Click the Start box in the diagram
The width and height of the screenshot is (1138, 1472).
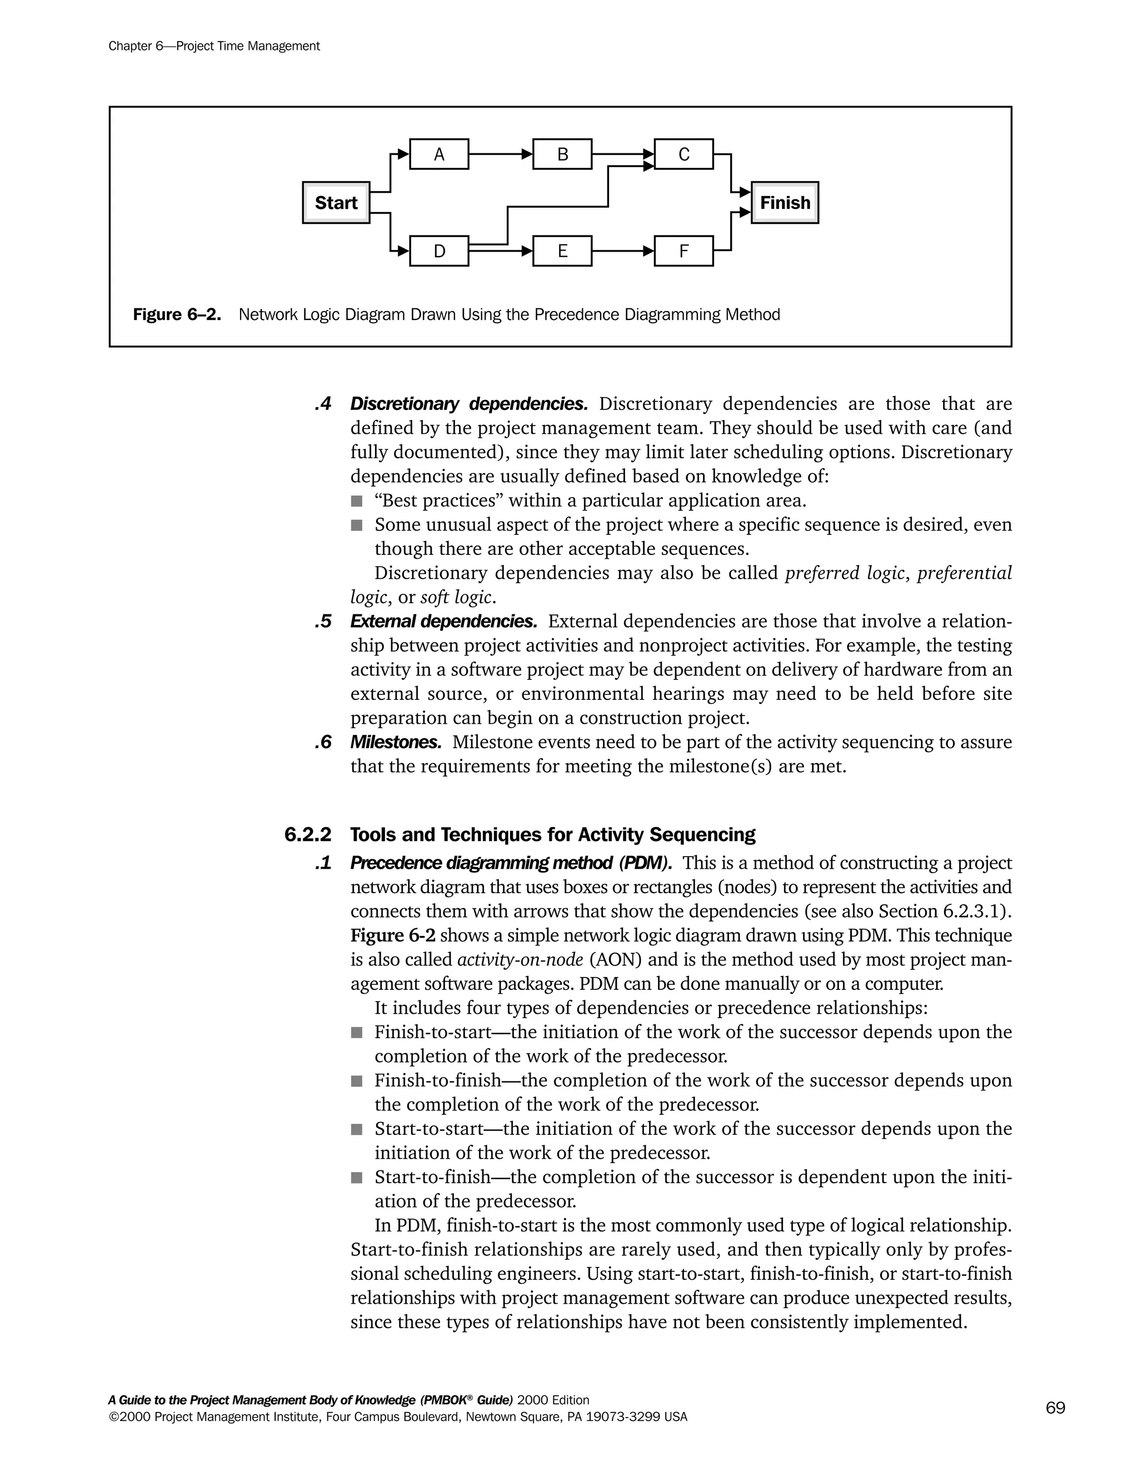[x=336, y=202]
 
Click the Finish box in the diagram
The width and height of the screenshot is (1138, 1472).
[x=785, y=202]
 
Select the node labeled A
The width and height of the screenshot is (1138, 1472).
[x=439, y=154]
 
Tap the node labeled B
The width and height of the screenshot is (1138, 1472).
[x=562, y=154]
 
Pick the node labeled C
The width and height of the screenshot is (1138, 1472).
[x=683, y=154]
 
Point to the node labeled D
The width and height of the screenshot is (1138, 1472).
[x=439, y=252]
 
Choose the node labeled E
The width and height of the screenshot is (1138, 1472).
[x=562, y=252]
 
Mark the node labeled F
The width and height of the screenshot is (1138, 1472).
[x=683, y=252]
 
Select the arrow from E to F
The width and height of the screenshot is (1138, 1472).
[x=622, y=252]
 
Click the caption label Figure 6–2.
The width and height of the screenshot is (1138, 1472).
[x=177, y=315]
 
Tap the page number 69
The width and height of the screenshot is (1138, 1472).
[x=1055, y=1408]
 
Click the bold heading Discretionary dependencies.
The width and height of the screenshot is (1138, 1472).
[x=468, y=404]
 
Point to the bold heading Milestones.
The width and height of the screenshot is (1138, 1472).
[x=396, y=742]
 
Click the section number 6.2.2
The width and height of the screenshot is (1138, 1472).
[x=307, y=835]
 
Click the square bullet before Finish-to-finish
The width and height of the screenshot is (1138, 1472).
[x=357, y=1081]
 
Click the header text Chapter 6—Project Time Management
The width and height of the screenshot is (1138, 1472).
[x=214, y=46]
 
